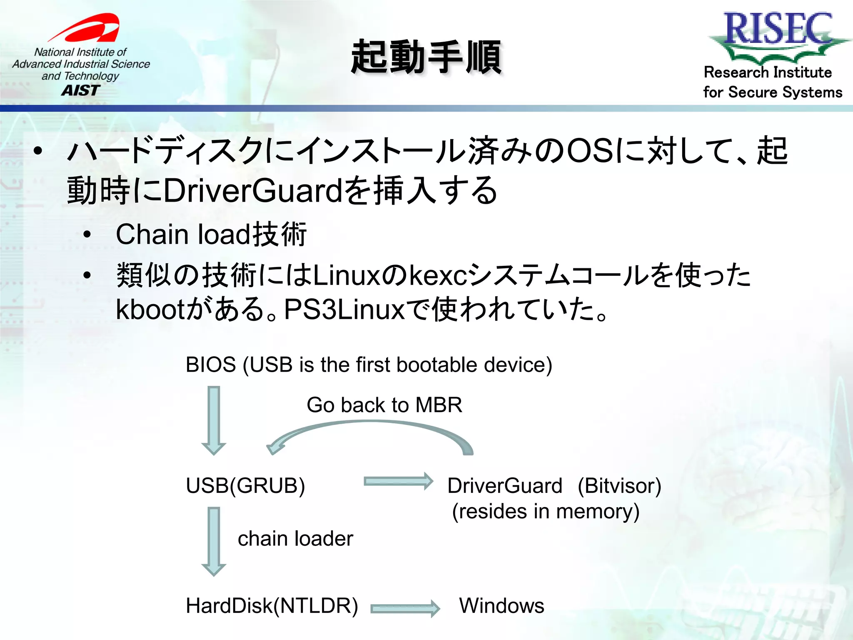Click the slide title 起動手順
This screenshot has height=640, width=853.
426,57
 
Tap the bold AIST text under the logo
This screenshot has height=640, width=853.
81,90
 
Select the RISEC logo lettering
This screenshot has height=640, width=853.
778,28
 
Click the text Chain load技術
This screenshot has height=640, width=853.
211,234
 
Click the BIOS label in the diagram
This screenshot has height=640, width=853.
211,365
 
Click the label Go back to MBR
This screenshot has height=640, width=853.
384,405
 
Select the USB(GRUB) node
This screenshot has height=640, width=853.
245,486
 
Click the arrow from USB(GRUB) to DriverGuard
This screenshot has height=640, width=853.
398,482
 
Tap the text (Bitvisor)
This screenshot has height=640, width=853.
619,486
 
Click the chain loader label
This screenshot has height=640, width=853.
295,539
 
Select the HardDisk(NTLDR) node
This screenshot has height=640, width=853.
272,606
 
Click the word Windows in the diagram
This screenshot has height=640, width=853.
501,606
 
